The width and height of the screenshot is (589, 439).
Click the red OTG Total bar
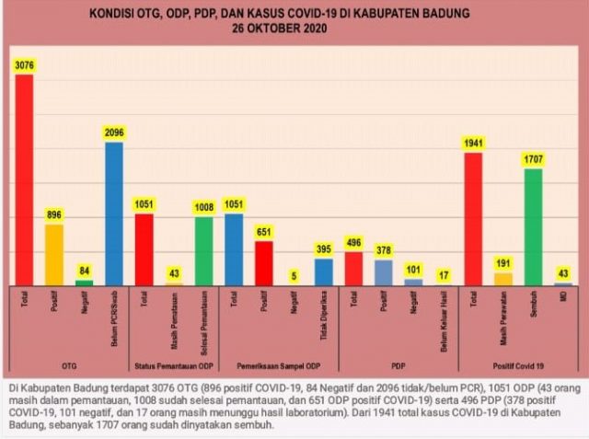click(24, 179)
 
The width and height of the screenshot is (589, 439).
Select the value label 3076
click(24, 64)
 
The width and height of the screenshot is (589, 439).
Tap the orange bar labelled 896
click(54, 254)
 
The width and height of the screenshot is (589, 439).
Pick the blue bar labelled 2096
click(113, 214)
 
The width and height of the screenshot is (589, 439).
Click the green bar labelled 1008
click(203, 250)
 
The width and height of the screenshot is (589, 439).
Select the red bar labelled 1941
click(473, 219)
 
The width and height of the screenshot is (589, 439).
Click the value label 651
click(264, 232)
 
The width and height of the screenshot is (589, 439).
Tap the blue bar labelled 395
click(323, 271)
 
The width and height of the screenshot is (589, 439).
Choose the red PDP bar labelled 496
click(353, 268)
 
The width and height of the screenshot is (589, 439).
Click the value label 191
click(503, 263)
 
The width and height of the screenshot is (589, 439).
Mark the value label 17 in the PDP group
click(443, 274)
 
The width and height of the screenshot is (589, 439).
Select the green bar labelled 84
click(84, 283)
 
